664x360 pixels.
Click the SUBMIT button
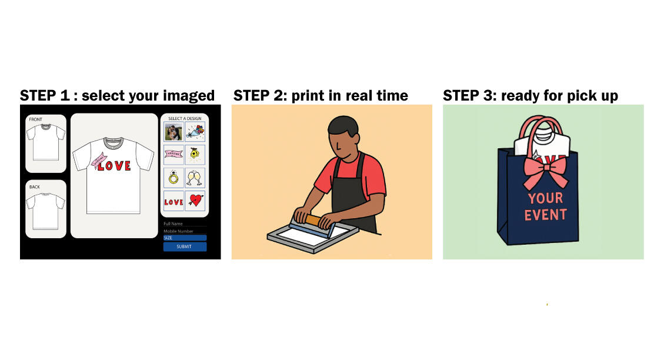coord(185,247)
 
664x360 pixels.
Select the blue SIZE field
coord(185,238)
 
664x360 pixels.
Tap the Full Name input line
coord(185,224)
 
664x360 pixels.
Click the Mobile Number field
coord(185,231)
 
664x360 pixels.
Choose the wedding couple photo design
coord(173,132)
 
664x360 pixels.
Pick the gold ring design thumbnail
coord(173,178)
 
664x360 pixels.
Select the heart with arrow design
coord(195,201)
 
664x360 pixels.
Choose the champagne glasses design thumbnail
coord(195,178)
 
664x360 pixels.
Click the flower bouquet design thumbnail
coord(195,132)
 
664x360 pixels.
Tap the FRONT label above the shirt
coord(35,119)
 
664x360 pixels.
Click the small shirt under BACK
coord(45,210)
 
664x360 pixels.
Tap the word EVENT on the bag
coord(545,215)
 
